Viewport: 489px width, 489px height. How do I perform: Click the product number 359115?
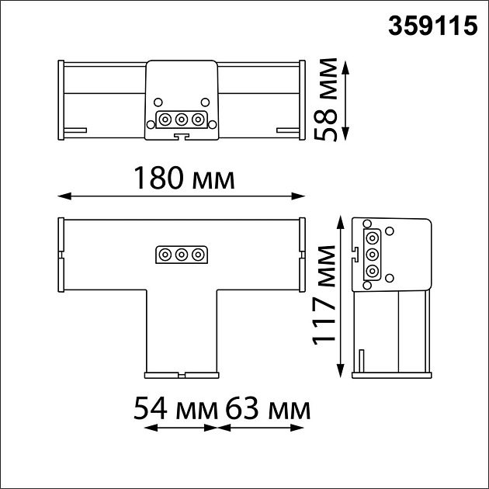point(432,26)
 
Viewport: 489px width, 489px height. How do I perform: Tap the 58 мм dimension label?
point(328,99)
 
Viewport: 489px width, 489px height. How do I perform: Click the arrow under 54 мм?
point(179,427)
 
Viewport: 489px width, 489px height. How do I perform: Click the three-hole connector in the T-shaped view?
point(182,255)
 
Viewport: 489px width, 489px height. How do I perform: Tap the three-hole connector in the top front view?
point(182,120)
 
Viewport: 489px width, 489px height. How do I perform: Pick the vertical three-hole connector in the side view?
point(372,254)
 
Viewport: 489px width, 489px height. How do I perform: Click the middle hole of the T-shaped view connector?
point(182,255)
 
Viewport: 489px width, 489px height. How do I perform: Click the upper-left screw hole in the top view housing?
point(158,102)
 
